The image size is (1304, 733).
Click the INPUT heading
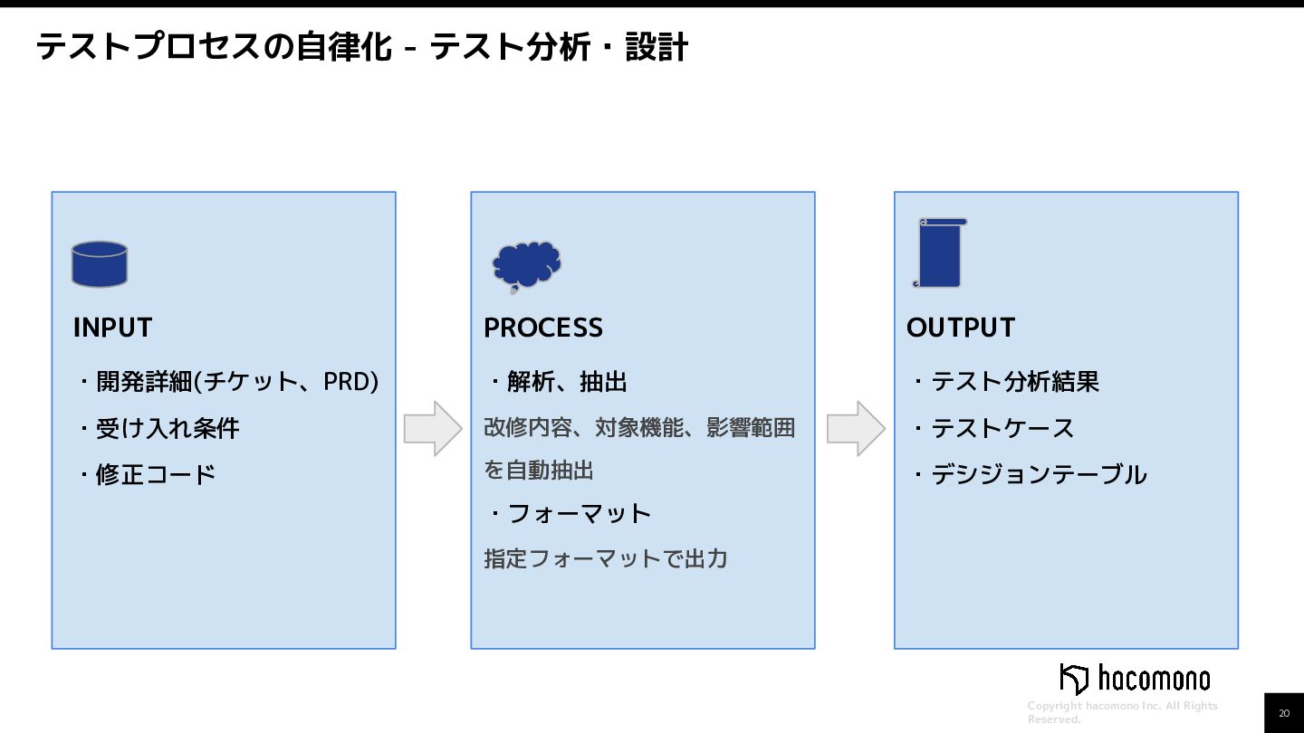pyautogui.click(x=112, y=328)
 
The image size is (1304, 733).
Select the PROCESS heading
pyautogui.click(x=542, y=328)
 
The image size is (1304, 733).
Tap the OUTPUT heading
pyautogui.click(x=960, y=328)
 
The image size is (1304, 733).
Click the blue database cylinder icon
pyautogui.click(x=100, y=264)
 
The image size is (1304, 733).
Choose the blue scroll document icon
pyautogui.click(x=939, y=253)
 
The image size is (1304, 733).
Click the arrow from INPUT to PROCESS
pyautogui.click(x=433, y=428)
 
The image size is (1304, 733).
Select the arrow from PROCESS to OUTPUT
pyautogui.click(x=856, y=428)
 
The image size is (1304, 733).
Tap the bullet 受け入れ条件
pyautogui.click(x=168, y=428)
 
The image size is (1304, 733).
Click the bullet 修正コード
pyautogui.click(x=156, y=474)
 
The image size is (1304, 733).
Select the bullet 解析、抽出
pyautogui.click(x=567, y=382)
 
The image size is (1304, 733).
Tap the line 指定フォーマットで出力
pyautogui.click(x=605, y=558)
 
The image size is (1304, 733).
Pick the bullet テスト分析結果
pyautogui.click(x=1015, y=382)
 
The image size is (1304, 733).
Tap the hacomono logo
pyautogui.click(x=1135, y=679)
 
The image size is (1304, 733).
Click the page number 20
pyautogui.click(x=1284, y=713)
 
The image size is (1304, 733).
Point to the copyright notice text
pyautogui.click(x=1122, y=712)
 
